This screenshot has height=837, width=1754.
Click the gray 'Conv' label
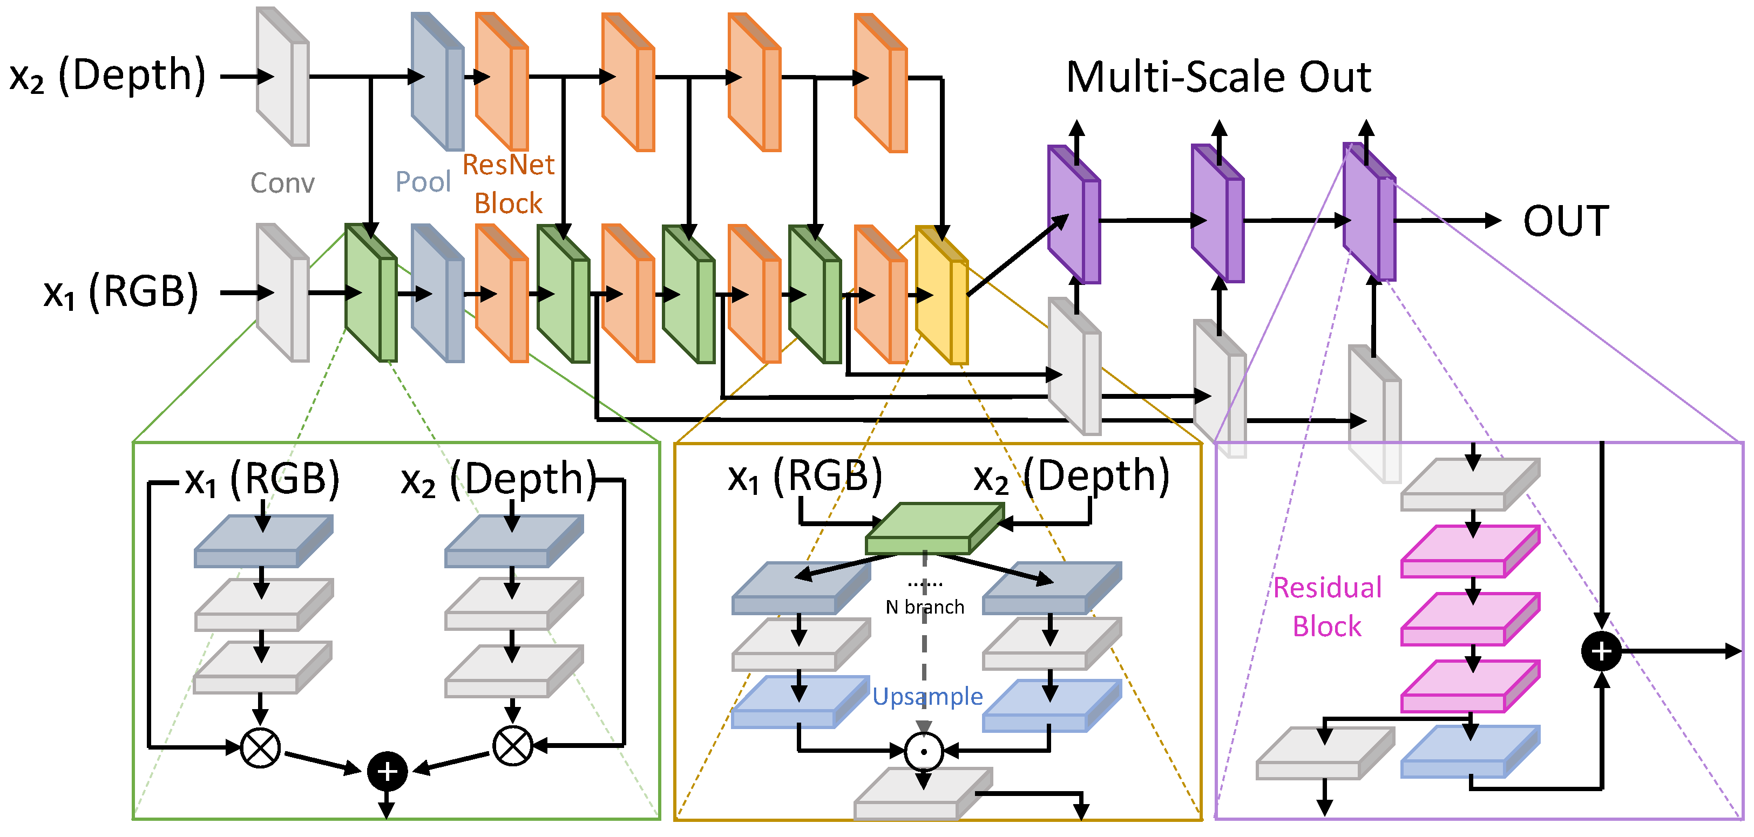pos(282,183)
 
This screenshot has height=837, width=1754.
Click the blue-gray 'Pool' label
pos(423,182)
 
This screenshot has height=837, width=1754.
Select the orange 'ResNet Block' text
pos(508,183)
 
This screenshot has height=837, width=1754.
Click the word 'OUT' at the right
pos(1566,221)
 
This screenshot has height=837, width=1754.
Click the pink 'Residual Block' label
pos(1327,607)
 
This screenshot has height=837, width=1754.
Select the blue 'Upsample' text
pos(927,696)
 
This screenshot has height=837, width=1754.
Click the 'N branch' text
pos(925,607)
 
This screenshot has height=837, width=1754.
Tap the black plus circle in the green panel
pos(387,771)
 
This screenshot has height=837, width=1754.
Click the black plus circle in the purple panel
pos(1601,651)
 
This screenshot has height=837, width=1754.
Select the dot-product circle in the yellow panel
pos(923,751)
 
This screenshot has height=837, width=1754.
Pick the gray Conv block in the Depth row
pos(282,77)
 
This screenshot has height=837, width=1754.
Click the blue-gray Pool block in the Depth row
pos(437,81)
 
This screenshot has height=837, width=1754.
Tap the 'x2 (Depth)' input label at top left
pos(107,76)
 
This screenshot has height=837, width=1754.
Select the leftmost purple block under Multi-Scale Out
pos(1074,215)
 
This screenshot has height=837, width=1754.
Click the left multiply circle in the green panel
pos(260,747)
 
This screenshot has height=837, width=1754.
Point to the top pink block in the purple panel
pos(1469,551)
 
